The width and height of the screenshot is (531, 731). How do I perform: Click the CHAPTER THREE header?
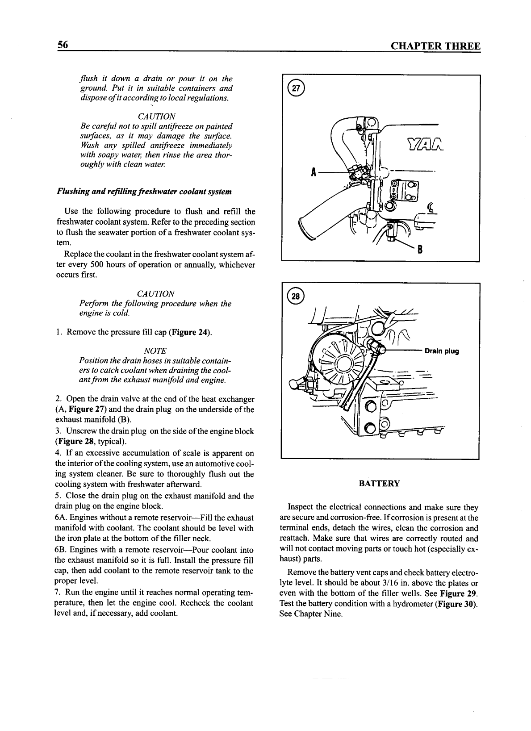435,46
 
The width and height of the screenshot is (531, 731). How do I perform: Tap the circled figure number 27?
295,88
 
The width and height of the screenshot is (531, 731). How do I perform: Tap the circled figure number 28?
295,296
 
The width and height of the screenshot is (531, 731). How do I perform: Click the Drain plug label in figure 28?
441,351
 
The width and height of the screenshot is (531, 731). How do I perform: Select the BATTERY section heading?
380,483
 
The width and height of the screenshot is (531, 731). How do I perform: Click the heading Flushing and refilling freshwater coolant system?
144,192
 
